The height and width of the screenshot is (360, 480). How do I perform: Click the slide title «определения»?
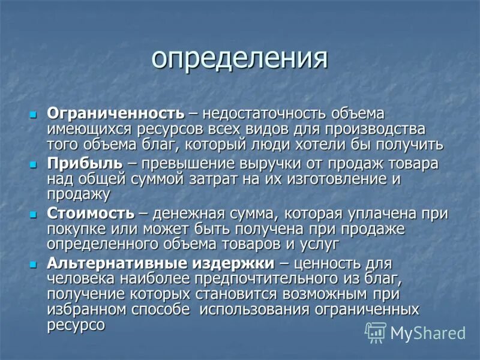click(239, 59)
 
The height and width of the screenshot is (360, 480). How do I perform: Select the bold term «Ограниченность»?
click(115, 113)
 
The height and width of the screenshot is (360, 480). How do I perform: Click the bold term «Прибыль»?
click(84, 164)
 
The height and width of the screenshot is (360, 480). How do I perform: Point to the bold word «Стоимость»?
click(91, 214)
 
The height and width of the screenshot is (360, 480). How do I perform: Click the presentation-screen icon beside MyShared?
click(376, 332)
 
